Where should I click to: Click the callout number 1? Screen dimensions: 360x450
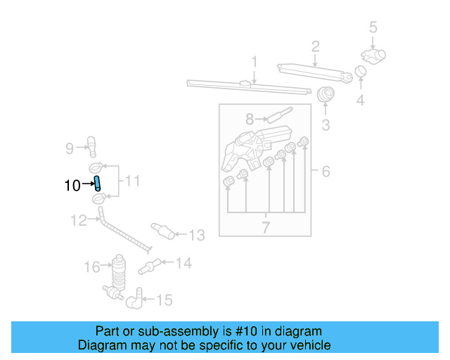click(254, 61)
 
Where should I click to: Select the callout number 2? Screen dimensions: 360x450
click(316, 47)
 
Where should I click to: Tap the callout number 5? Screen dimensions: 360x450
click(373, 27)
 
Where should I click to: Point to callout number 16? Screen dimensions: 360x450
click(92, 266)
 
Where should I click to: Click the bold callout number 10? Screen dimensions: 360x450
click(72, 186)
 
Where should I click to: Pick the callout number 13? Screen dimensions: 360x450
click(197, 235)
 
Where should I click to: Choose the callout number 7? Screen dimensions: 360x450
click(266, 227)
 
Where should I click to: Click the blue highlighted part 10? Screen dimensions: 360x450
click(98, 185)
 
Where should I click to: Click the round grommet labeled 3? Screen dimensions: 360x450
click(326, 95)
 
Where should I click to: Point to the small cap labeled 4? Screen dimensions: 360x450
click(360, 71)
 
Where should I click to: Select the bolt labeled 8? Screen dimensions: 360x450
click(276, 114)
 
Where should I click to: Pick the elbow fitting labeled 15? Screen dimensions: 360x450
click(134, 302)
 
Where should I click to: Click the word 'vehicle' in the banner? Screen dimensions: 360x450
click(307, 345)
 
